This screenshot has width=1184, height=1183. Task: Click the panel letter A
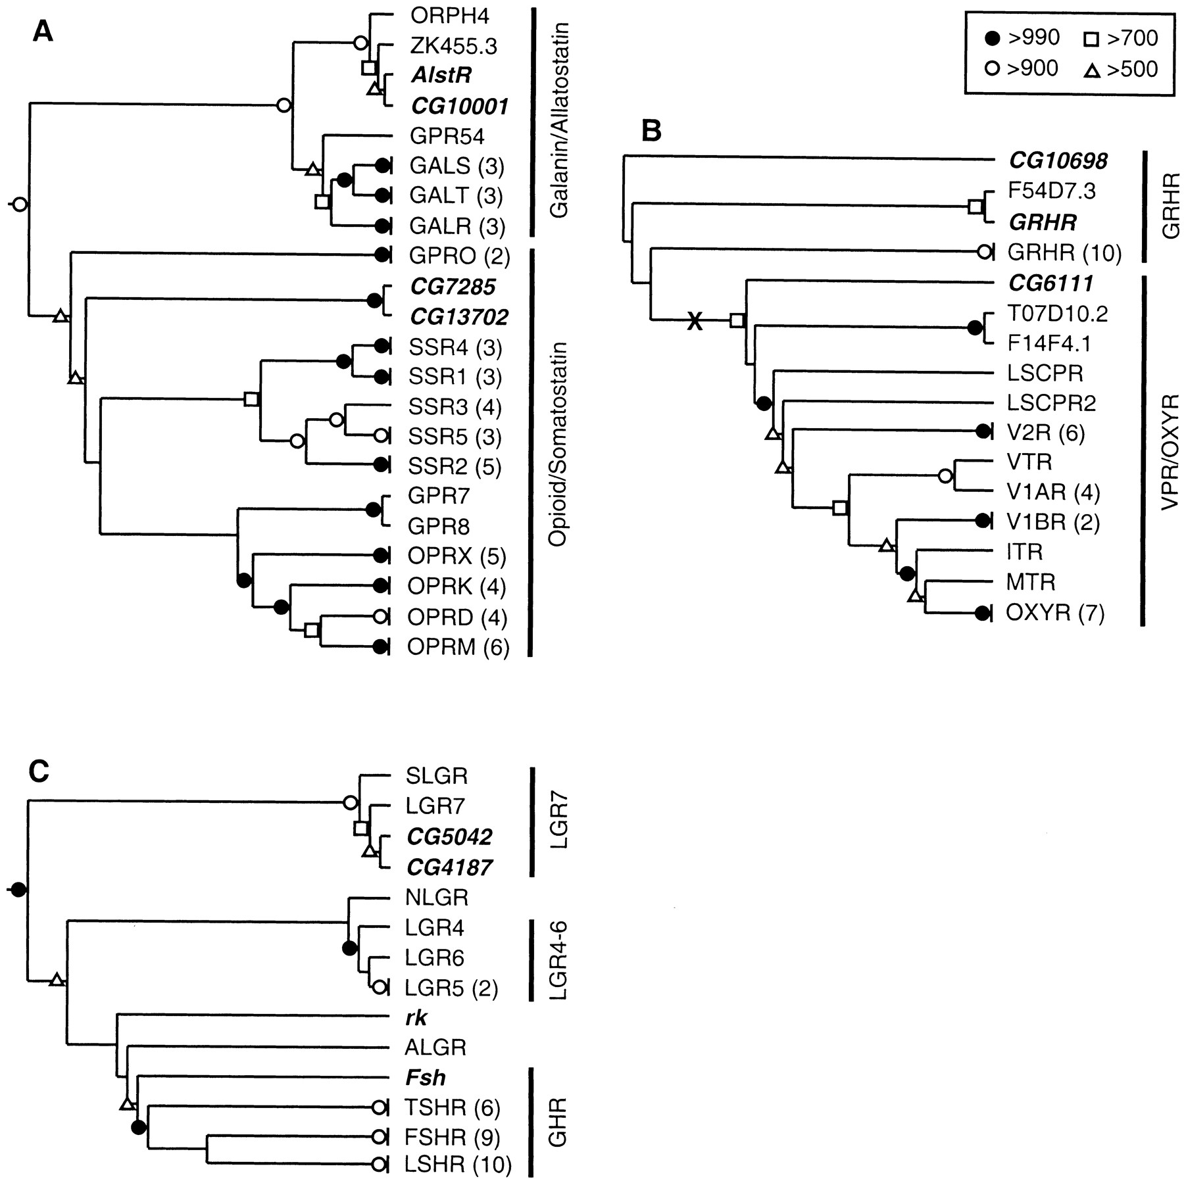tap(43, 32)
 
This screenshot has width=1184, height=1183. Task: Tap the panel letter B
tap(651, 132)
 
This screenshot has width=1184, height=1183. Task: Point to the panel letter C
tap(39, 772)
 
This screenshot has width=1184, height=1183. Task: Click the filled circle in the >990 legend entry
tap(993, 39)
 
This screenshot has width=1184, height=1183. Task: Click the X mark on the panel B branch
tap(695, 322)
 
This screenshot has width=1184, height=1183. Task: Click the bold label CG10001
tap(459, 107)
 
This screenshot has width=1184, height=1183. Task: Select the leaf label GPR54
tap(447, 137)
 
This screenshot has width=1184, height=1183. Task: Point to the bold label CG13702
tap(459, 318)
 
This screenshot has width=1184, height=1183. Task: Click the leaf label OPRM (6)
tap(458, 648)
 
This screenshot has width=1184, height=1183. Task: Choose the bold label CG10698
tap(1058, 160)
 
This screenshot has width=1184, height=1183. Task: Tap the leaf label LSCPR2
tap(1052, 402)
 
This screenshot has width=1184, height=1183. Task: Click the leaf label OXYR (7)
tap(1056, 614)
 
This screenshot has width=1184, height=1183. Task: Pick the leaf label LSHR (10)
tap(459, 1165)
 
